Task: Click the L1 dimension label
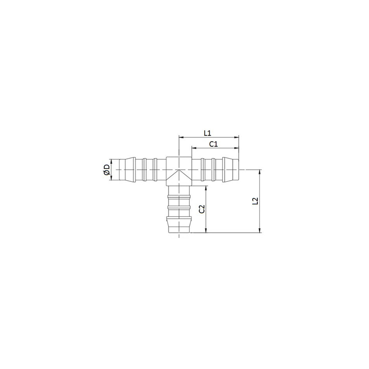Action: coord(207,133)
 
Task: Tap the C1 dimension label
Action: coord(213,144)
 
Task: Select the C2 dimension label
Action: coord(202,209)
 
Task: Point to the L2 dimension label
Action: coord(255,201)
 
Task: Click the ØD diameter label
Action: coord(107,170)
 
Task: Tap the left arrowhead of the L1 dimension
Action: coord(181,137)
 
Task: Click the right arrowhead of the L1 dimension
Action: coord(237,137)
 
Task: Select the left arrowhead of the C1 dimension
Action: coord(194,148)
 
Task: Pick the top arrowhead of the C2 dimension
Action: coord(206,188)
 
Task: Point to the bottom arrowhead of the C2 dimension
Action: coord(206,230)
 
